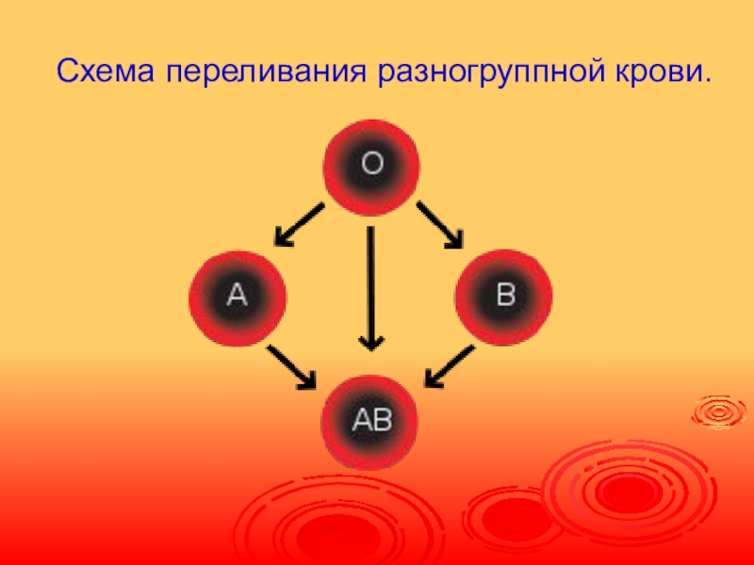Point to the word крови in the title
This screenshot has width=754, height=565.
(x=661, y=72)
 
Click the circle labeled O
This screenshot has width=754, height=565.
(x=371, y=166)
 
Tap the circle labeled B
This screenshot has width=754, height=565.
(x=504, y=298)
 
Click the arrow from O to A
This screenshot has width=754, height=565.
(x=299, y=225)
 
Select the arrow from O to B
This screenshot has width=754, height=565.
(x=440, y=225)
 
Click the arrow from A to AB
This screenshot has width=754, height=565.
(x=292, y=368)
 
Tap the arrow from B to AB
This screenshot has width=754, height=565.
(x=449, y=367)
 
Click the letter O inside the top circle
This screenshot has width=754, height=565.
(x=371, y=165)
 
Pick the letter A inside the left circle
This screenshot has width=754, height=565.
(x=237, y=297)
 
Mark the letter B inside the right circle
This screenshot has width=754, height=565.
(x=506, y=297)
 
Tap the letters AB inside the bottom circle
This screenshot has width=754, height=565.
(x=371, y=419)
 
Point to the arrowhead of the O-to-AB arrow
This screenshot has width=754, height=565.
(x=372, y=340)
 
